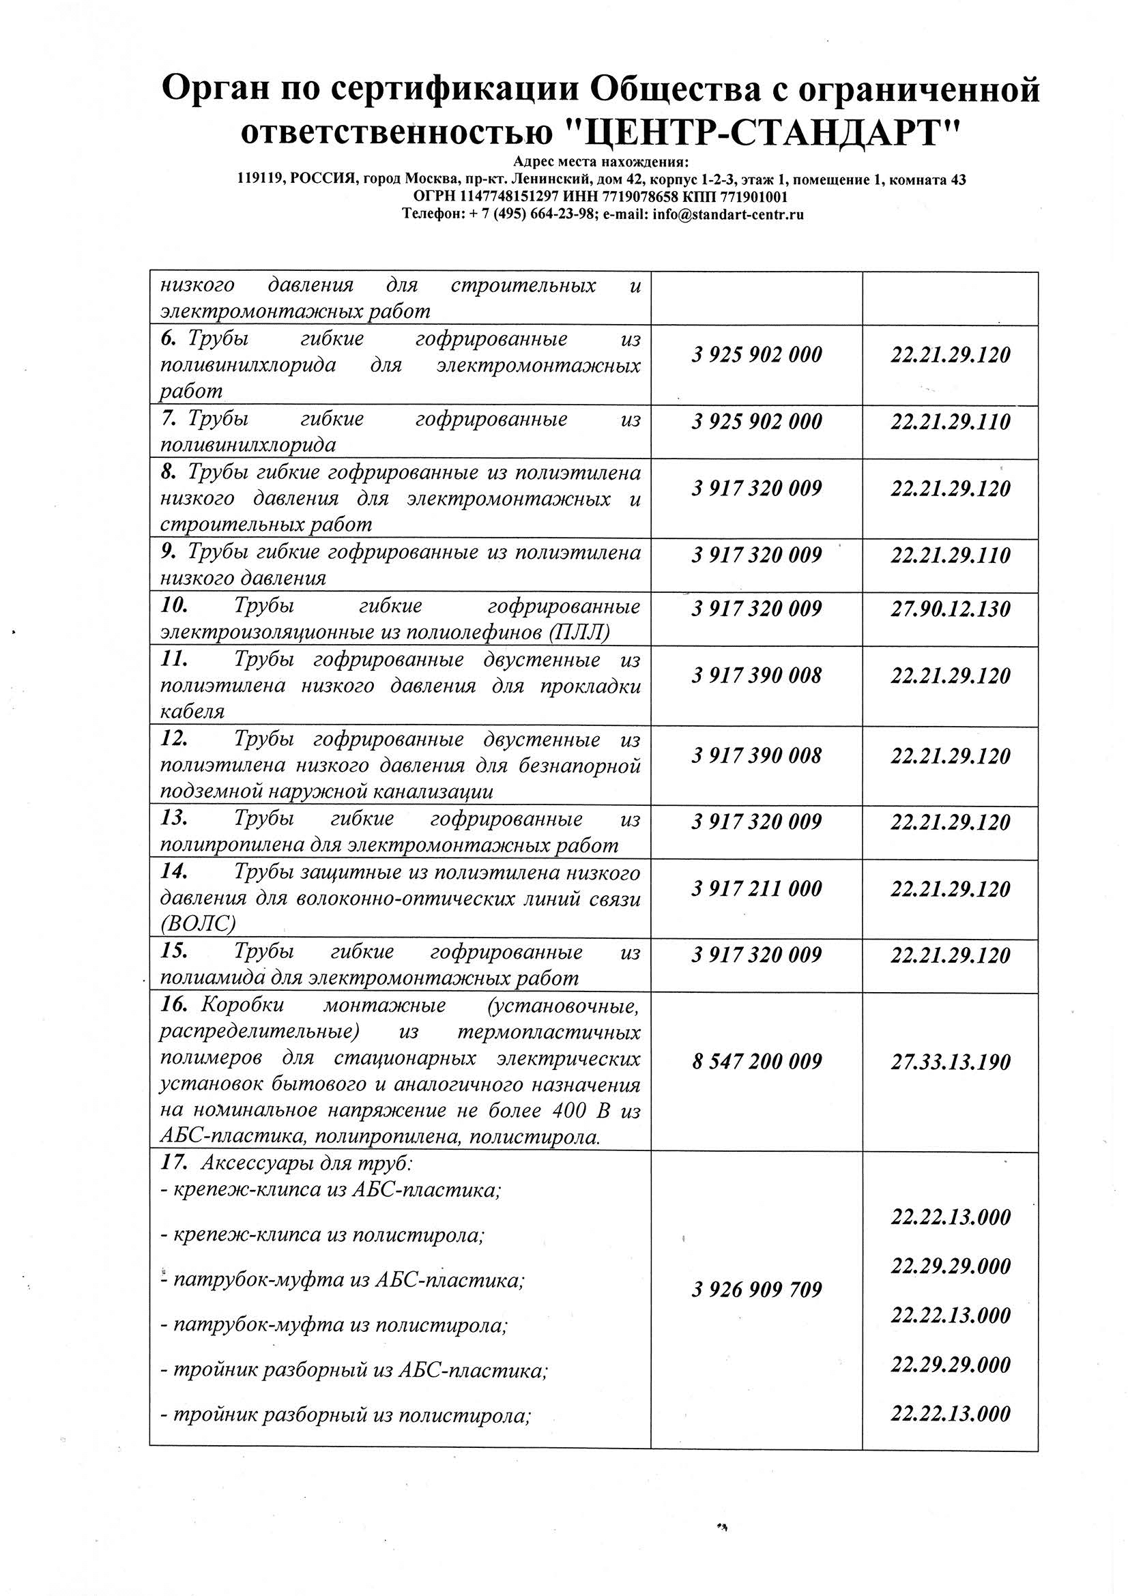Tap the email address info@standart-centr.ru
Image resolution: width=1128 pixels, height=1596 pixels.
click(x=728, y=214)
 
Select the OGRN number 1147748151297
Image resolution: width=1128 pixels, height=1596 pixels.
click(x=510, y=197)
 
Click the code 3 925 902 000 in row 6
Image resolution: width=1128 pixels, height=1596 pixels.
click(x=756, y=356)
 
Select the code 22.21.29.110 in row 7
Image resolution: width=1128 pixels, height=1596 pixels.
click(x=950, y=422)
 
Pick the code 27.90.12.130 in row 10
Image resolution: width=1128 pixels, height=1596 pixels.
click(x=950, y=609)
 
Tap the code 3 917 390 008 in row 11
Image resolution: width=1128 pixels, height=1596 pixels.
click(x=756, y=676)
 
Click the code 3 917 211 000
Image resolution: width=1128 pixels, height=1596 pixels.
click(x=756, y=888)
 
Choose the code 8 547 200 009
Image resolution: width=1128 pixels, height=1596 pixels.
click(x=756, y=1062)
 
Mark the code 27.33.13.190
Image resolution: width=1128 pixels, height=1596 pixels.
click(x=950, y=1062)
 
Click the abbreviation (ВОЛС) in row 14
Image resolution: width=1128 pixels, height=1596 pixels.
click(x=197, y=924)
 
